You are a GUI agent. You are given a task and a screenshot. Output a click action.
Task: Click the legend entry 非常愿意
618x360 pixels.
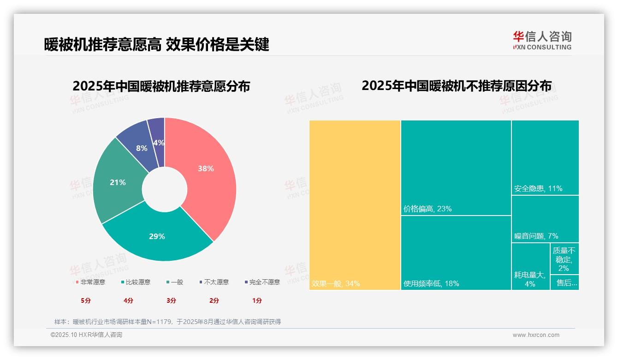90,282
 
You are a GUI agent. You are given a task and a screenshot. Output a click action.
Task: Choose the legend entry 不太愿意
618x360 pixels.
214,282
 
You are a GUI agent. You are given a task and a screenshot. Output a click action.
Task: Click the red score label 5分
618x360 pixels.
86,300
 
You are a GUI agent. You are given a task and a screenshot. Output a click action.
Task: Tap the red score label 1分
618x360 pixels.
257,300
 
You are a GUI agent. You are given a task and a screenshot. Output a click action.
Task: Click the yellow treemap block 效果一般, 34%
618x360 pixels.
355,205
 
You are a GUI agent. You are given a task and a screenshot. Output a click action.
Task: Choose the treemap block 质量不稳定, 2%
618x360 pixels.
565,259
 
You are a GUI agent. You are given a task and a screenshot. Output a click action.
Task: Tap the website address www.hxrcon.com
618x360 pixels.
536,335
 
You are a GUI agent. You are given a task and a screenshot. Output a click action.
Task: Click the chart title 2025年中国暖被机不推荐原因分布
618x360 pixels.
456,86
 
